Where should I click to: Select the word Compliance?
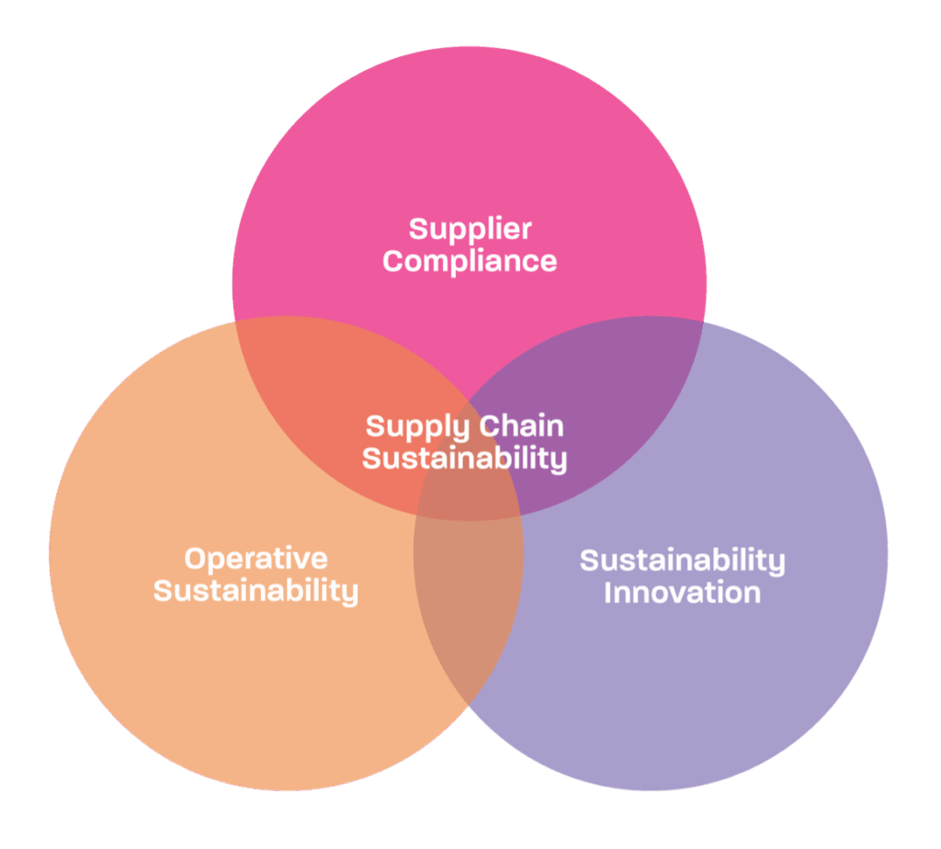(470, 262)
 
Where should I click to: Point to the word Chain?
(522, 425)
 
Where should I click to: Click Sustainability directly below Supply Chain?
(464, 459)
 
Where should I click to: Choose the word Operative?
(256, 559)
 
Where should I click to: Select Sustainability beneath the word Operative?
(256, 592)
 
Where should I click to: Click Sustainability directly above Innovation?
(683, 561)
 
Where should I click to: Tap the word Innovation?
(683, 593)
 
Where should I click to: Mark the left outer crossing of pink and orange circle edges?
(235, 322)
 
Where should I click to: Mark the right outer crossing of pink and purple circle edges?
(703, 322)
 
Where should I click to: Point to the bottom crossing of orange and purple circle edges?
(468, 703)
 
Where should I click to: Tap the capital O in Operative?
(196, 559)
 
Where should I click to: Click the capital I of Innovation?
(608, 593)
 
